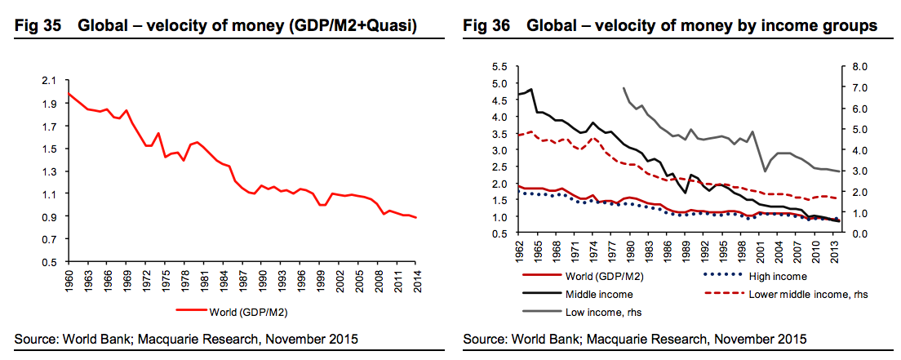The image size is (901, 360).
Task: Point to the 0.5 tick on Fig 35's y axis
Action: (51, 262)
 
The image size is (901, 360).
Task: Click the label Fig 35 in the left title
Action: (37, 27)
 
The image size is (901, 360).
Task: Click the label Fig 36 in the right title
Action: (487, 27)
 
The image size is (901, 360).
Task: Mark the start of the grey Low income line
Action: (624, 87)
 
